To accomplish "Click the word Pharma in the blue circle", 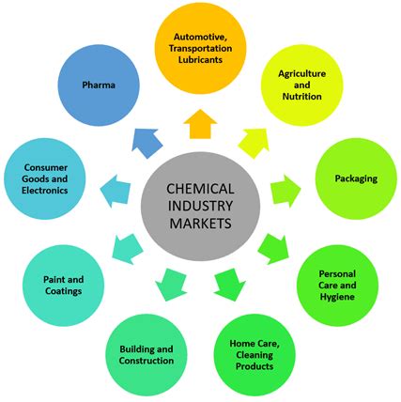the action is tap(99, 85).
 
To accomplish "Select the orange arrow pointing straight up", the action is tap(200, 124).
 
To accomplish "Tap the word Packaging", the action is tap(356, 178).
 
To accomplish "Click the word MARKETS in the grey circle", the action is tap(200, 224).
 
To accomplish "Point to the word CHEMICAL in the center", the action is tap(200, 189).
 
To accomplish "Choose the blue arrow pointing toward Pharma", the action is tap(147, 143).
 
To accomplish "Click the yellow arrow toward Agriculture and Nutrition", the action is tap(254, 143).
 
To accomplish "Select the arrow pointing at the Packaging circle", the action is tap(285, 191).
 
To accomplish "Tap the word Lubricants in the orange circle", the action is tap(200, 59).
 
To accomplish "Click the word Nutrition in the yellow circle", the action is tap(302, 97).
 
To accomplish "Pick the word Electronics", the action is tap(45, 191).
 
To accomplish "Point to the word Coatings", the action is tap(64, 291).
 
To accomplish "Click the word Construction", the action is tap(147, 361).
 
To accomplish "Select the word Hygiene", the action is tap(337, 297).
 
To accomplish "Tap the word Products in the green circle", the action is tap(254, 366).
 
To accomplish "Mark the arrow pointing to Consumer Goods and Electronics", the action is tap(116, 191).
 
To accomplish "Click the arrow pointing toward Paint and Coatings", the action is tap(128, 249).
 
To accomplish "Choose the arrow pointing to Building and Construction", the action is tap(171, 285).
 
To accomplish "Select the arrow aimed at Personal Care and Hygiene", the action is tap(273, 249).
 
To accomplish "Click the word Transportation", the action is tap(200, 48).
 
